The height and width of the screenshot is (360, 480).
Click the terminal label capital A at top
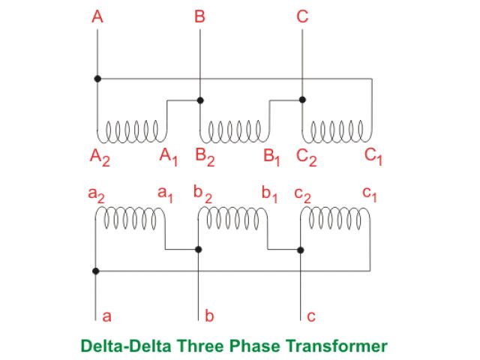[x=97, y=16]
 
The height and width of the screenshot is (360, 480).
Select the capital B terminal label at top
[x=199, y=16]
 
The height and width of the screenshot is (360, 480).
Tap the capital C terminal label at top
[x=301, y=16]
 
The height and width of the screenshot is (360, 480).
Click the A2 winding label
[x=99, y=157]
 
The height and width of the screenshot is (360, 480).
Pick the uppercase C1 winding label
[x=373, y=157]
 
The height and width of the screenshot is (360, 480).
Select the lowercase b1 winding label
[x=269, y=194]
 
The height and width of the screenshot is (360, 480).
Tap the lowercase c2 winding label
[x=301, y=194]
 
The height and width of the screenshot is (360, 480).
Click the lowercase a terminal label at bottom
[x=106, y=316]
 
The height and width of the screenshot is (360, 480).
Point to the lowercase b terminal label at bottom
[x=209, y=316]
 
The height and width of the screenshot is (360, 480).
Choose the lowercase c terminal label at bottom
[x=311, y=316]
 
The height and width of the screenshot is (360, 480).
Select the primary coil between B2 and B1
[x=234, y=130]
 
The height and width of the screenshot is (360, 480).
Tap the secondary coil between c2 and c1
[x=335, y=217]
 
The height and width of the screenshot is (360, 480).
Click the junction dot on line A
[x=97, y=78]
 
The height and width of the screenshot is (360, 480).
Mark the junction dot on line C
[x=301, y=99]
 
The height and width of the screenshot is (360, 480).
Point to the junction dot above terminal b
[x=199, y=250]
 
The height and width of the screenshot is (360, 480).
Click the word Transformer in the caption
[x=342, y=346]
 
